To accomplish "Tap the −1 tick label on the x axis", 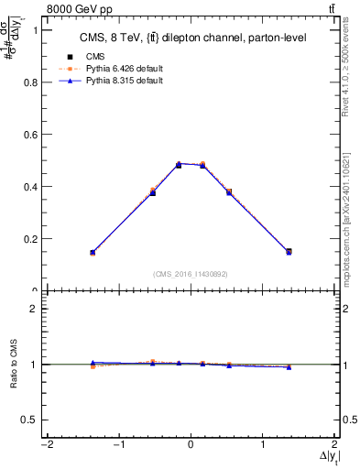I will click(x=117, y=444).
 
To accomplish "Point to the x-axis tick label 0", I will click(x=191, y=444).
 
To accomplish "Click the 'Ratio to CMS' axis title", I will click(x=12, y=365).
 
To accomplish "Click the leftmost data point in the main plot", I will click(x=93, y=252).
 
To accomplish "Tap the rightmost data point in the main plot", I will click(x=289, y=251).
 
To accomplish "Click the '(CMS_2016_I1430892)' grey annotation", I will click(x=191, y=273).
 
